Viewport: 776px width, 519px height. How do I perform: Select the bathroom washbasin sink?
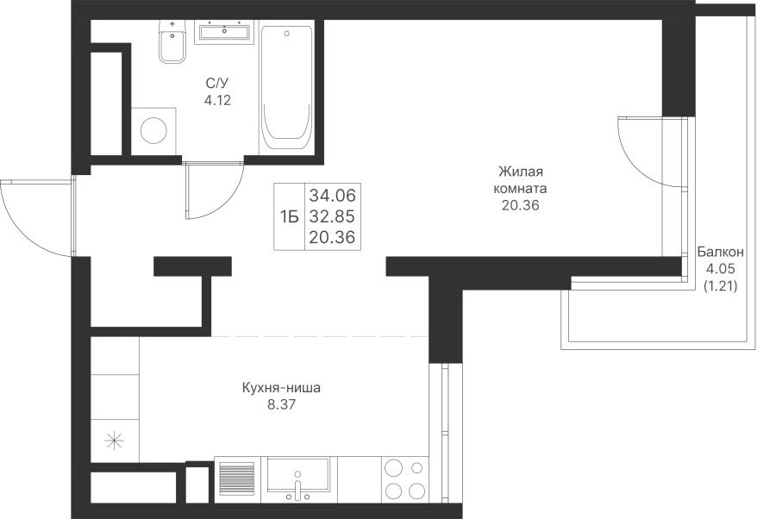[224, 32]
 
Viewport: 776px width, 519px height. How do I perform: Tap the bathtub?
[286, 88]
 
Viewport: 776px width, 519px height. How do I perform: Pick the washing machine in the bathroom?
[153, 131]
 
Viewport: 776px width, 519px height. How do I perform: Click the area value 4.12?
[217, 100]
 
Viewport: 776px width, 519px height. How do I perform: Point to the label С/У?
[218, 83]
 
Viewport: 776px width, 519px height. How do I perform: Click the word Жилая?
[520, 172]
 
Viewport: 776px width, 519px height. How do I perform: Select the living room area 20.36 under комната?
[520, 205]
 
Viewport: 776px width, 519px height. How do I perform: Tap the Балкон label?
[720, 252]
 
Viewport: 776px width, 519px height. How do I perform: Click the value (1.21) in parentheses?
[720, 285]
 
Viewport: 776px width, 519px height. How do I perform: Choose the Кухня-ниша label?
[281, 387]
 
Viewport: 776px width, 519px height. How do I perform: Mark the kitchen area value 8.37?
[281, 404]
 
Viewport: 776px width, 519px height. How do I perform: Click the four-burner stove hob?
[405, 479]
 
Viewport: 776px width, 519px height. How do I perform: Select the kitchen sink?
[297, 479]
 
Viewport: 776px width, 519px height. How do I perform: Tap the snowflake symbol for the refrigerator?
[115, 440]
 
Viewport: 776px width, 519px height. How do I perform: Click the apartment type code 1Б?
[290, 216]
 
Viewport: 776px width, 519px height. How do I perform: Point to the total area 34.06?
[332, 196]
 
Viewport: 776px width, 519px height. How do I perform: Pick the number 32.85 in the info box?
[332, 216]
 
